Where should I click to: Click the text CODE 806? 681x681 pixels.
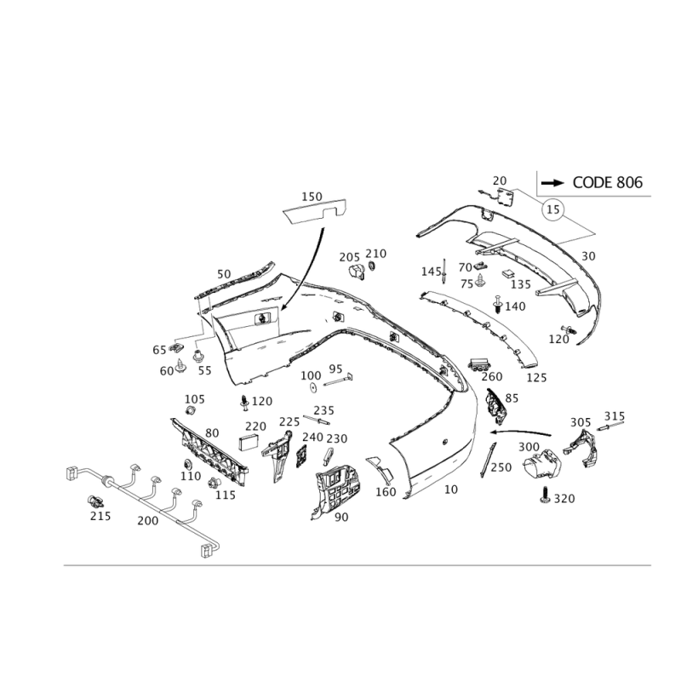606,182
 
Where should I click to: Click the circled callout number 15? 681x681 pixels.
554,207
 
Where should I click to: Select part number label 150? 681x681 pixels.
312,196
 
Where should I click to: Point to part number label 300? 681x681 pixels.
529,446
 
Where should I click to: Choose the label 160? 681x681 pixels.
386,492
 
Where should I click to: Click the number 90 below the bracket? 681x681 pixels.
341,517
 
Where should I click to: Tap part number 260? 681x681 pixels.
491,375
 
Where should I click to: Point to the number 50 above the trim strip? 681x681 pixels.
223,273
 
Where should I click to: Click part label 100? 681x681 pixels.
311,374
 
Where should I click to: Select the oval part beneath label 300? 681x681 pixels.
539,466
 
